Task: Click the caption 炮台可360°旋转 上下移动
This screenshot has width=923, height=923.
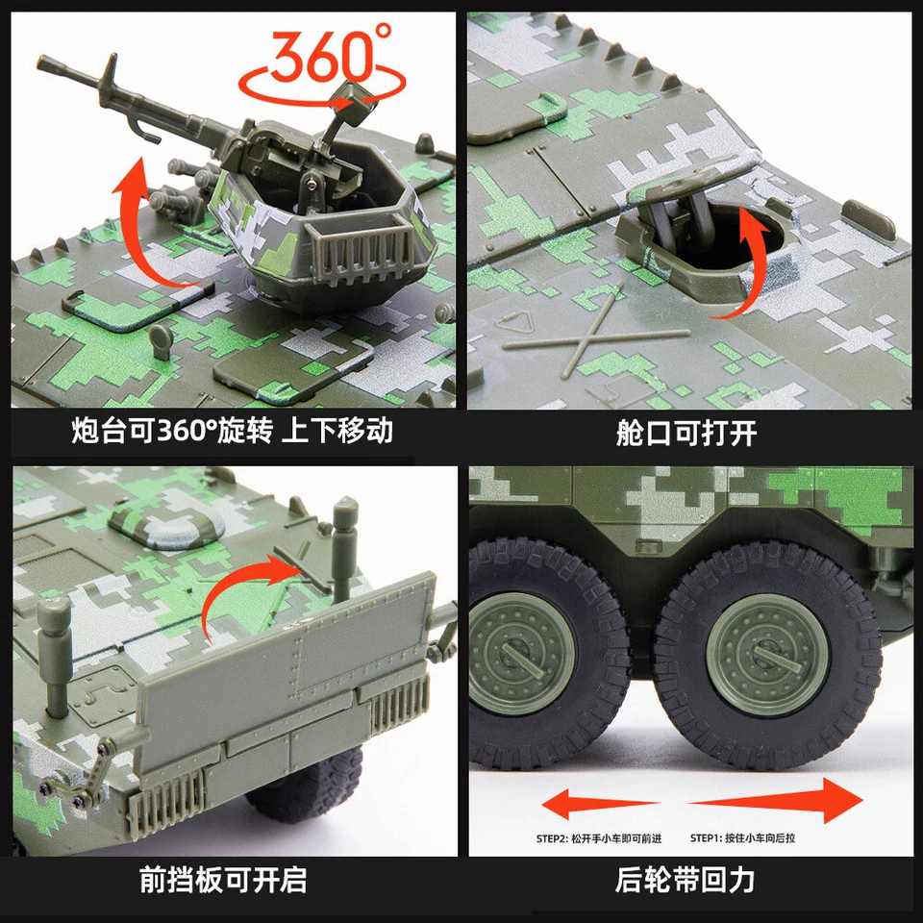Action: [232, 431]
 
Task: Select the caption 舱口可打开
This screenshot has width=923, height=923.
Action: [686, 433]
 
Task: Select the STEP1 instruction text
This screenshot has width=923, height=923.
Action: [742, 838]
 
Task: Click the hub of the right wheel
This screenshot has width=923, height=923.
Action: [766, 654]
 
